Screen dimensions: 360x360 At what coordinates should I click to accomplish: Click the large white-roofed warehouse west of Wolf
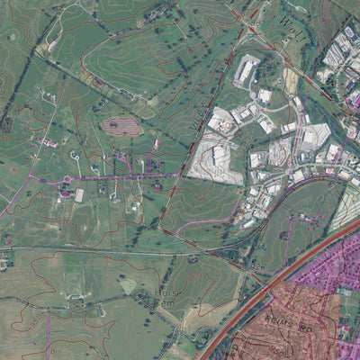(x=247, y=69)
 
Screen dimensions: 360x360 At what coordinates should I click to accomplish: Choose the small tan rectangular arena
(x=79, y=194)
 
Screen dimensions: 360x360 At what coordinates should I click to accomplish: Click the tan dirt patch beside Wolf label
(x=290, y=79)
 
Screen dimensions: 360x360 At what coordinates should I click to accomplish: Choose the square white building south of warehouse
(x=264, y=95)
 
